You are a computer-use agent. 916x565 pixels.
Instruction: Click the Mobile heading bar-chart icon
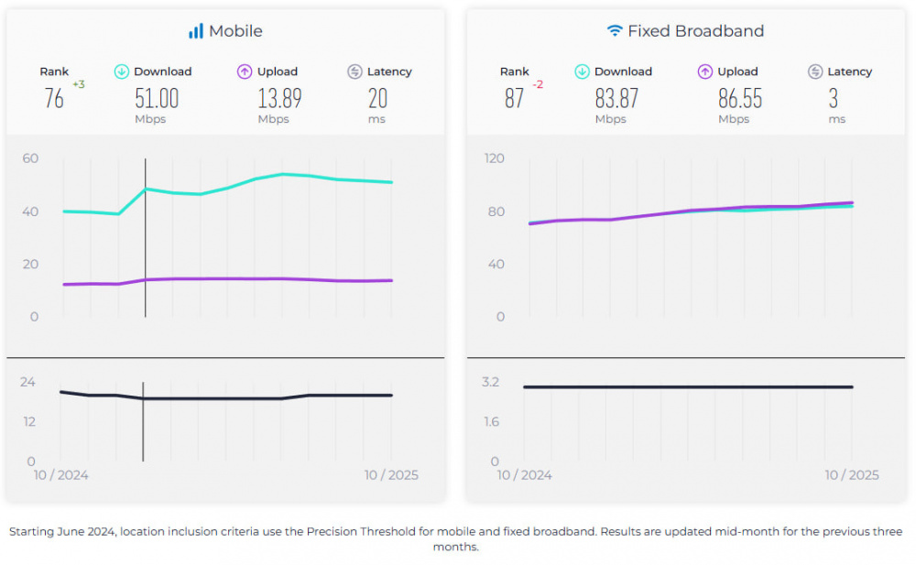pos(196,31)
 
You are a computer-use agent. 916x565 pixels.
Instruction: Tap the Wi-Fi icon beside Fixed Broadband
pos(615,31)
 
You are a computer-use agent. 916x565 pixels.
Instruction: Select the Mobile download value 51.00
pos(157,98)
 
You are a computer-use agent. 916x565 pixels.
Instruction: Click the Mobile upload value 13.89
pos(279,98)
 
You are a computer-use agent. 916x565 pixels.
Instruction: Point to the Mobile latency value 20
pos(377,98)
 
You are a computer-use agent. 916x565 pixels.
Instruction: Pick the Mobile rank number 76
pos(54,98)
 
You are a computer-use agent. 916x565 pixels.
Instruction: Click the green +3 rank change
pos(79,84)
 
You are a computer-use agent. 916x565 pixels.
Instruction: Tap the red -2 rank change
pos(538,84)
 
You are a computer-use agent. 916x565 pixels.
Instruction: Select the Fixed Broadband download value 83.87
pos(616,98)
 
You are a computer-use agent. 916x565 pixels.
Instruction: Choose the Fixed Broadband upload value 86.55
pos(740,98)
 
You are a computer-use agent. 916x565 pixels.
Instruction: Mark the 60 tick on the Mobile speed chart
pos(30,158)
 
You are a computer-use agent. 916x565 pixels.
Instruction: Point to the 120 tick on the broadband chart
pos(495,158)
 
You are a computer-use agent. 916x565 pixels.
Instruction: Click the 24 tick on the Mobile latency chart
pos(28,382)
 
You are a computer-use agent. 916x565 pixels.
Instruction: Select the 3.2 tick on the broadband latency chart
pos(490,382)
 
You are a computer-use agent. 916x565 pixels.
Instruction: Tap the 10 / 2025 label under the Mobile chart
pos(391,474)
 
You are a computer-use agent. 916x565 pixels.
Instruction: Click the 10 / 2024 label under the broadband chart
pos(525,474)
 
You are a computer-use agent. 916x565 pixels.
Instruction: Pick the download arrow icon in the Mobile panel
pos(122,71)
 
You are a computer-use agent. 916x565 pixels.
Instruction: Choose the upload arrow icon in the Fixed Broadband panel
pos(705,71)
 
